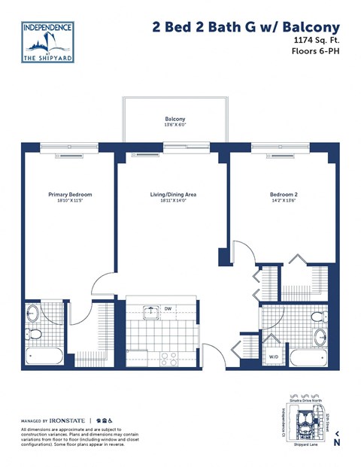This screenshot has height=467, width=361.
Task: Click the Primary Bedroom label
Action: pyautogui.click(x=69, y=195)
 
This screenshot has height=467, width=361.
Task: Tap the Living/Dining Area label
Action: pyautogui.click(x=173, y=195)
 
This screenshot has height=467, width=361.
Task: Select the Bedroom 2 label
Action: pyautogui.click(x=284, y=195)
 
